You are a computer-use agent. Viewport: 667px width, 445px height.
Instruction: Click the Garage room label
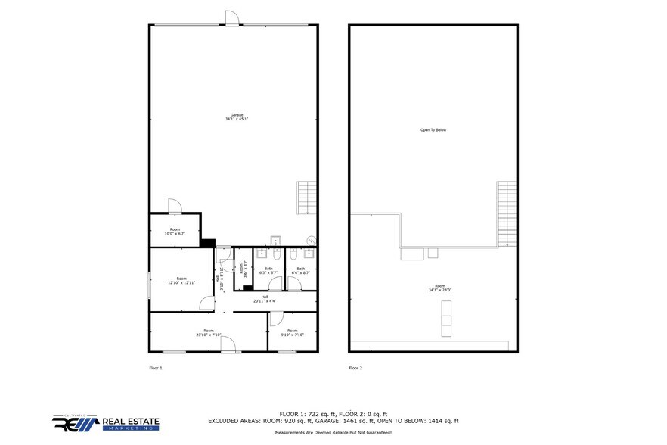[237, 117]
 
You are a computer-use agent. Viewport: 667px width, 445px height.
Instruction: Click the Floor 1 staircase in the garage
[306, 198]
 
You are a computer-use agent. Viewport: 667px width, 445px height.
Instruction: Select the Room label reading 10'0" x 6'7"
[175, 232]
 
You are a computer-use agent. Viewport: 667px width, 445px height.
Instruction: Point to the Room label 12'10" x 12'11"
[181, 280]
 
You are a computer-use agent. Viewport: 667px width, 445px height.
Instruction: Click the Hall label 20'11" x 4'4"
[265, 299]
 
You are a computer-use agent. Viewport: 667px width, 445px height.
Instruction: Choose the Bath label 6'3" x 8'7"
[268, 270]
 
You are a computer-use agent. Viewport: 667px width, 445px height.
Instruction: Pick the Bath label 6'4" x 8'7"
[300, 270]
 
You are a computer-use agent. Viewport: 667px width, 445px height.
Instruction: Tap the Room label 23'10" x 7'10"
[208, 332]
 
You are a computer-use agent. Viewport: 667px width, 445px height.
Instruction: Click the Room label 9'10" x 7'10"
[292, 332]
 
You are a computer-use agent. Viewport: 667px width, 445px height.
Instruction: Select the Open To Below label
[433, 130]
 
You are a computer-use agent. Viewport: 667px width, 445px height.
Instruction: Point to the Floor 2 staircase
[504, 213]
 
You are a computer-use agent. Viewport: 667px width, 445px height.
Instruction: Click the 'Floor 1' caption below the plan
[155, 368]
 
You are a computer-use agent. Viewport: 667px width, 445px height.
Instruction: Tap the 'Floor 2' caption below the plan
[355, 368]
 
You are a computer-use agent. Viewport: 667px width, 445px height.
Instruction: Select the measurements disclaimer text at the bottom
[333, 432]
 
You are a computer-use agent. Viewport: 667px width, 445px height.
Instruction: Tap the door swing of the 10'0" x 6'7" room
[173, 205]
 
